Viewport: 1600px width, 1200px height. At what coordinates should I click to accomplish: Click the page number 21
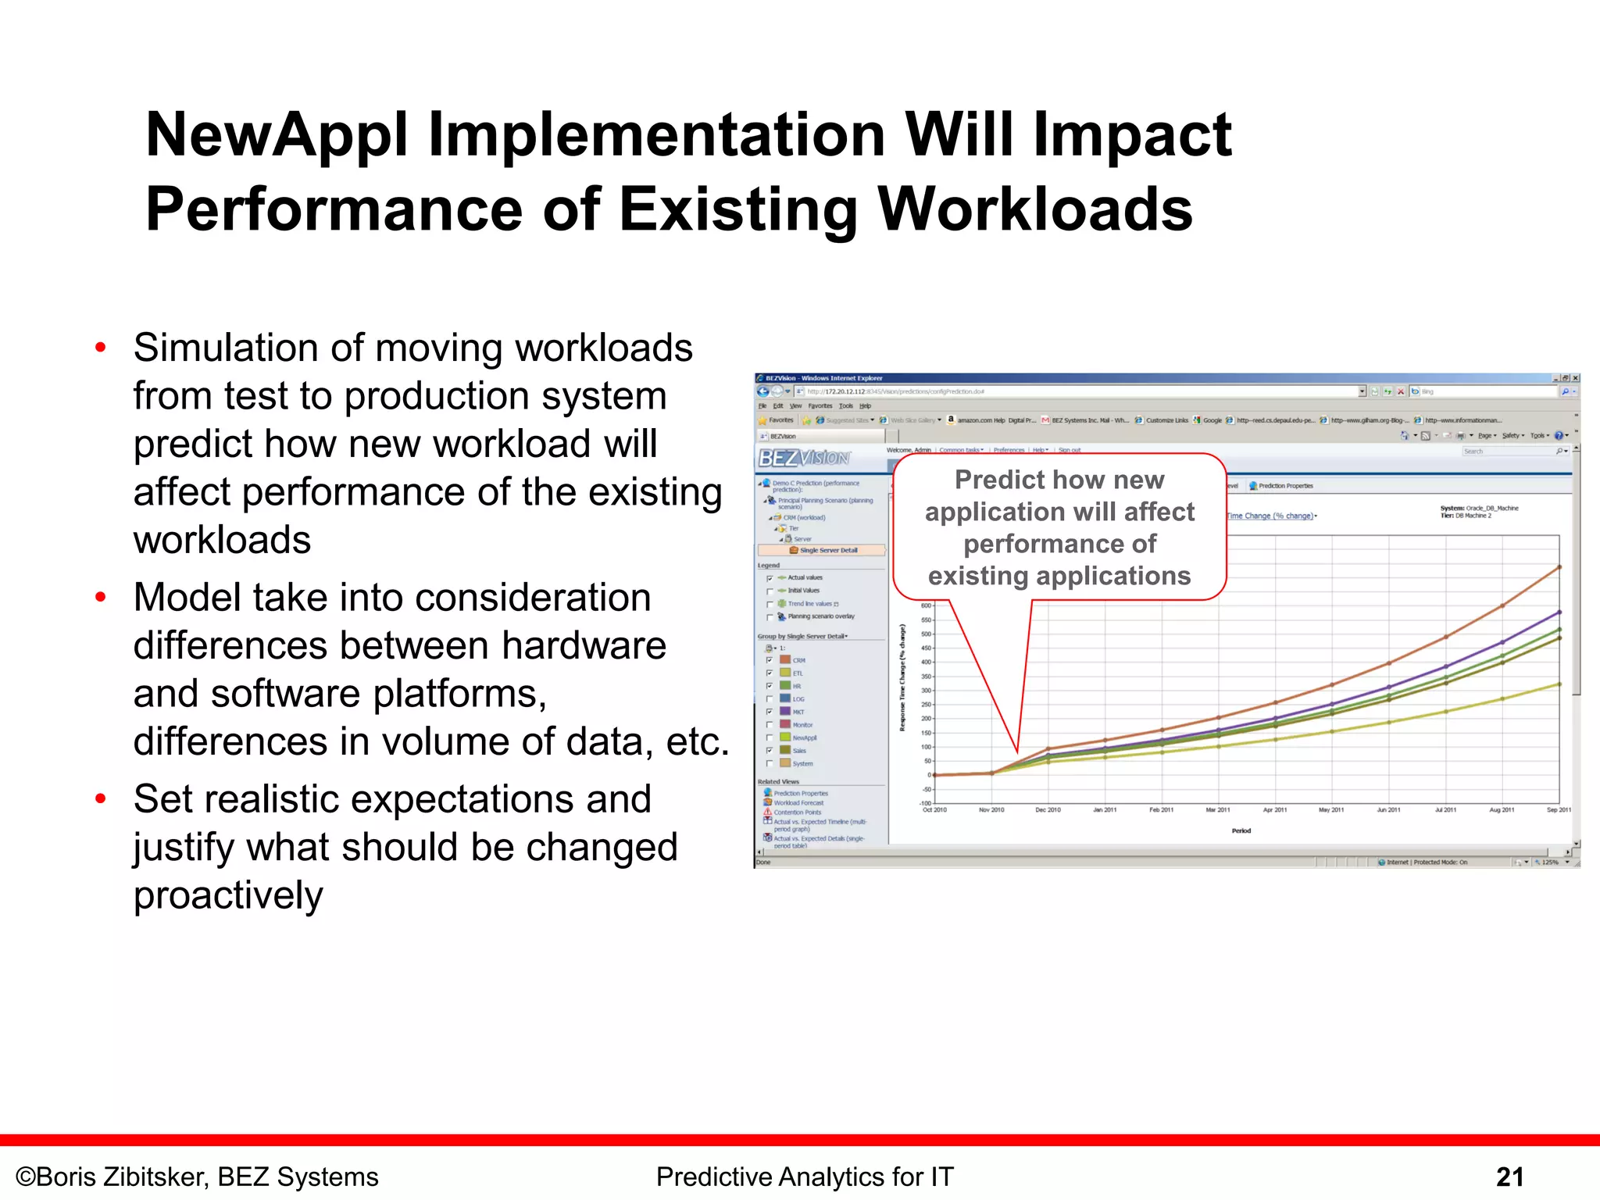click(1509, 1177)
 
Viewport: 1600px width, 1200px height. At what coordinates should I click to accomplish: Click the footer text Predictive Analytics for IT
click(804, 1177)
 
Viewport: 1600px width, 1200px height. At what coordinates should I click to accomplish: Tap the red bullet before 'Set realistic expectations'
click(100, 799)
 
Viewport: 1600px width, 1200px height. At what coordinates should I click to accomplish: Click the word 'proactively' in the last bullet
click(227, 895)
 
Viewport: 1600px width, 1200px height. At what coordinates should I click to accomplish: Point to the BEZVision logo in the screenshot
click(804, 458)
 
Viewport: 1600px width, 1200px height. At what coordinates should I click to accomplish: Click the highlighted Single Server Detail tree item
click(827, 550)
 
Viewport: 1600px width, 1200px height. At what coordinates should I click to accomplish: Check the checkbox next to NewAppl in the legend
click(770, 737)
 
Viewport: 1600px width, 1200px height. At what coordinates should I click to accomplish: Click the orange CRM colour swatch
click(785, 660)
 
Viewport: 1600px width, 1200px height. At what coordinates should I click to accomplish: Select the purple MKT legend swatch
click(785, 712)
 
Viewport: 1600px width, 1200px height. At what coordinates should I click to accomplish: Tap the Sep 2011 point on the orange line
click(1559, 567)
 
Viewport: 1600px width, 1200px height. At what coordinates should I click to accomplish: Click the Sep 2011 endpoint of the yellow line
click(1559, 684)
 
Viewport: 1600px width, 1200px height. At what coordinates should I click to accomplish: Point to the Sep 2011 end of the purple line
click(1559, 612)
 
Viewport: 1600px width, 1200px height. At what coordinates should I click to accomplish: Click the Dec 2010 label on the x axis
click(1048, 810)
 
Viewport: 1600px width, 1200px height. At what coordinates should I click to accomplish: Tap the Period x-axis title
click(1241, 830)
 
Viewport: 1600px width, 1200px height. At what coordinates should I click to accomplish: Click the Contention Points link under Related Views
click(797, 812)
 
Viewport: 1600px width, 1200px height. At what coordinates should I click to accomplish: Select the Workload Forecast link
click(798, 803)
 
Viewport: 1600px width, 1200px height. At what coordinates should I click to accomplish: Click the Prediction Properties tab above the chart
click(1285, 486)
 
